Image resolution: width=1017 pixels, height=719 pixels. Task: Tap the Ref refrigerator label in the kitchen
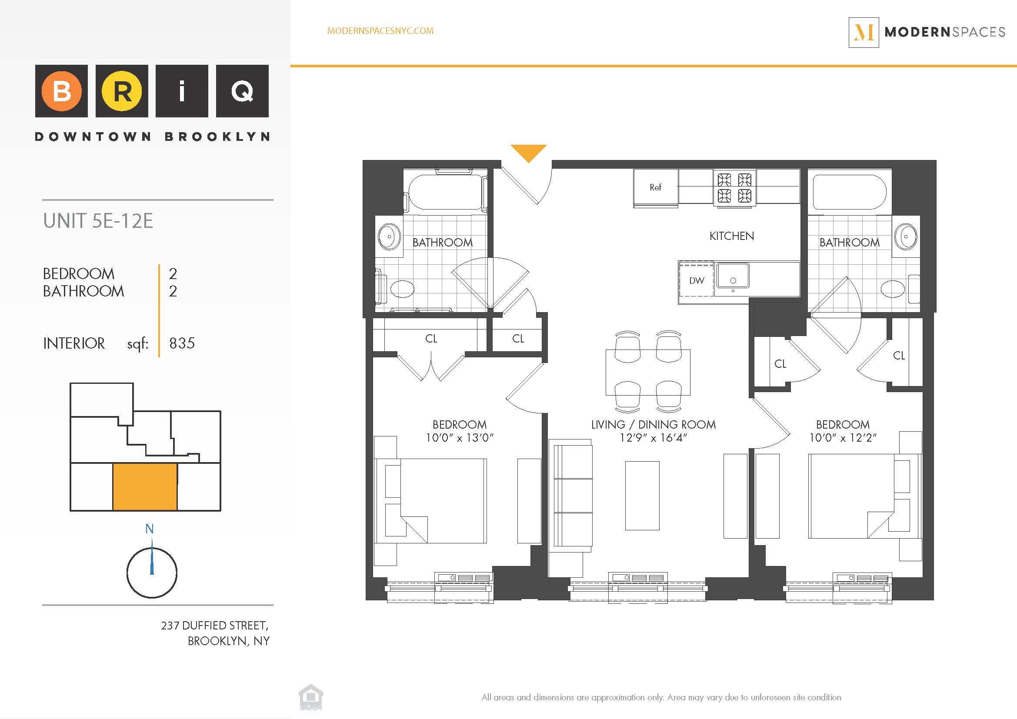(x=655, y=187)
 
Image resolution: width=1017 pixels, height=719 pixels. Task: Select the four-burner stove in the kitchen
(x=734, y=188)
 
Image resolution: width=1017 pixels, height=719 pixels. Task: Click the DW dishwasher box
(x=696, y=280)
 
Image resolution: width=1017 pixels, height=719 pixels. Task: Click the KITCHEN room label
(x=731, y=236)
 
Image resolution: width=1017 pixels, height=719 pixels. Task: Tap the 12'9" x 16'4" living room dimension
(x=653, y=438)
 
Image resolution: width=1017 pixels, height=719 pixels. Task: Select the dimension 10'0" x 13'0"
(x=459, y=438)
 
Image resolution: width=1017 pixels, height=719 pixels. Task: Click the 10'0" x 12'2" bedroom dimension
(x=843, y=438)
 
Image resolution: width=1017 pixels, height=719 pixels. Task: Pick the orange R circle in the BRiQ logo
(x=122, y=91)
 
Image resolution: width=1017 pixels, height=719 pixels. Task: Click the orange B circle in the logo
(x=62, y=91)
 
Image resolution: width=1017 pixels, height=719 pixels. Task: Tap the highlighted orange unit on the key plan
(x=145, y=487)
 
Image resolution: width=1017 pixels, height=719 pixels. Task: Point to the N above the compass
(x=150, y=529)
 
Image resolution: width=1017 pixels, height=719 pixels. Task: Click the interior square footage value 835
(x=182, y=343)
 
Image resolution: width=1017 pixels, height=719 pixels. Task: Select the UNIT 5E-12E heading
(x=98, y=221)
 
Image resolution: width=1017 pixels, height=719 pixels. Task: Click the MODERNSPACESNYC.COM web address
(x=380, y=31)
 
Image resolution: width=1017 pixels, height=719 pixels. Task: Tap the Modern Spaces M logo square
(x=864, y=32)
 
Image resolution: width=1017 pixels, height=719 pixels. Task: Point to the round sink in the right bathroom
(x=905, y=236)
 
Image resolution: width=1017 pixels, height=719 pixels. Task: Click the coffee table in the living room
(x=642, y=496)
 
